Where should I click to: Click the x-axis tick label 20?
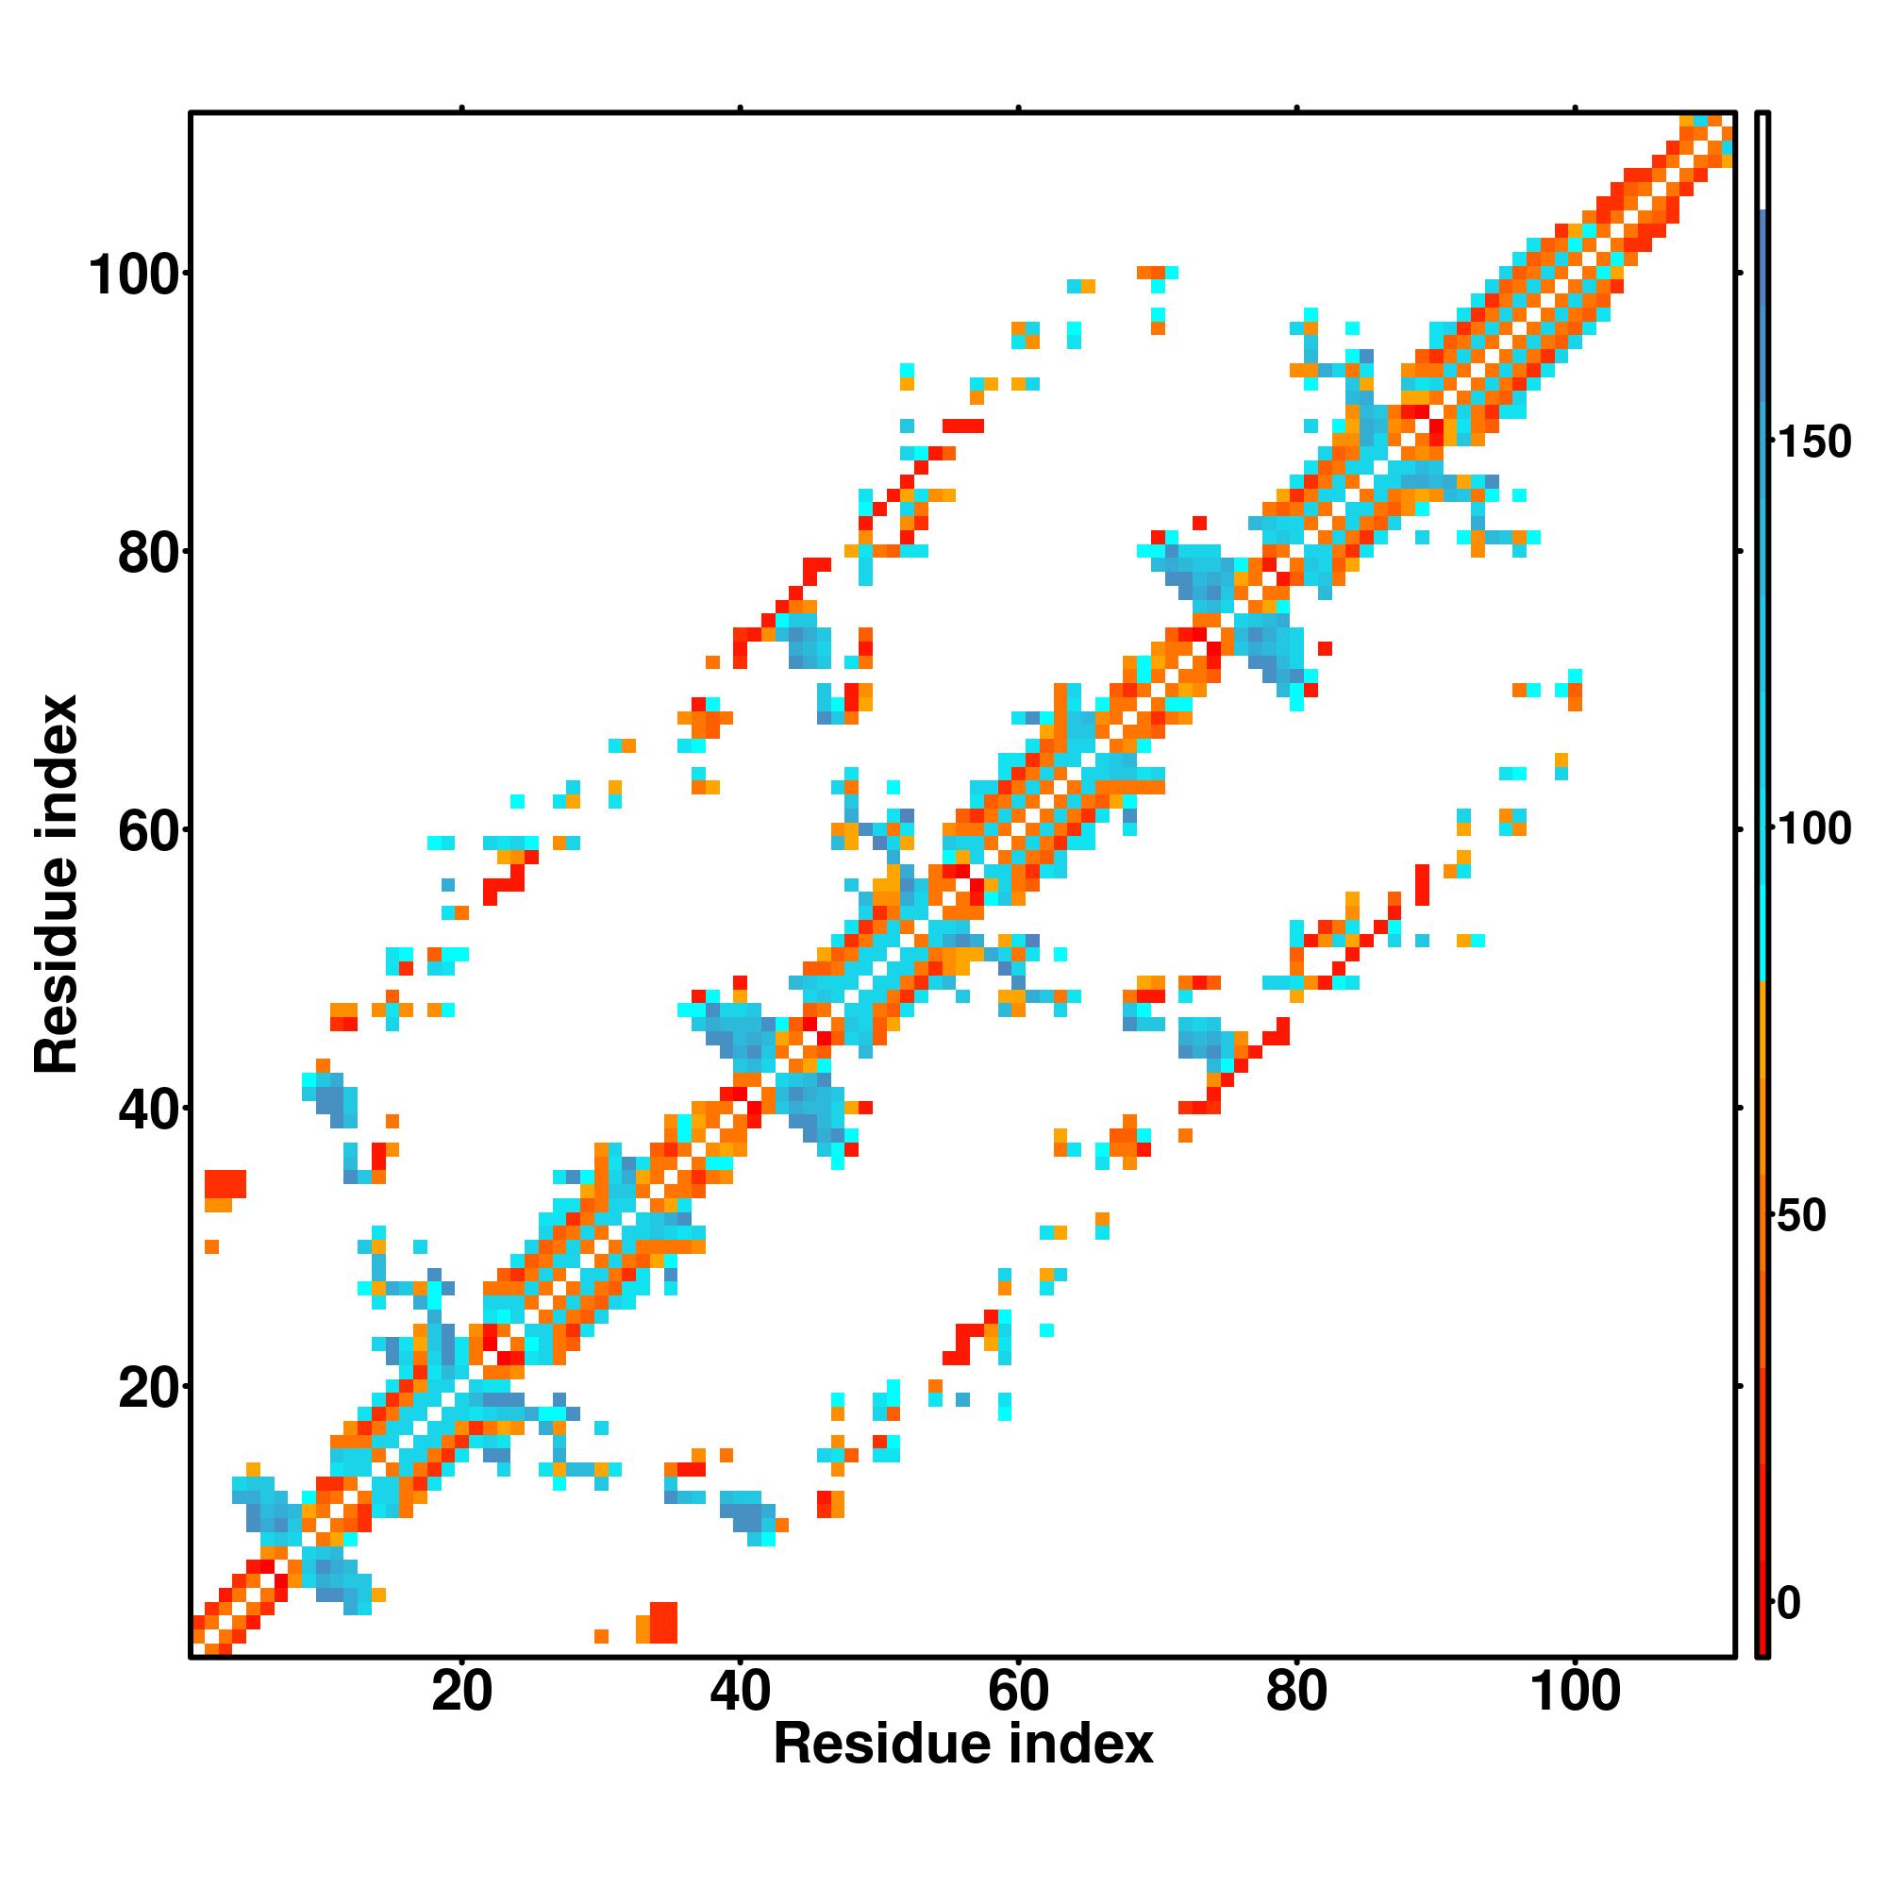(x=461, y=1692)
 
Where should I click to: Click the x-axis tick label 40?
(x=740, y=1692)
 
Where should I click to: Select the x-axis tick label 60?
(x=1018, y=1692)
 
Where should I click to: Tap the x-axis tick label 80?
(x=1296, y=1692)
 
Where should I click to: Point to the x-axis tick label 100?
(x=1575, y=1692)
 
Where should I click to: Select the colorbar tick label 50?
(x=1801, y=1216)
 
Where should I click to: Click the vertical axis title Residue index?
(x=57, y=884)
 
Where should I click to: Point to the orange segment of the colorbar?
(x=1763, y=1123)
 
